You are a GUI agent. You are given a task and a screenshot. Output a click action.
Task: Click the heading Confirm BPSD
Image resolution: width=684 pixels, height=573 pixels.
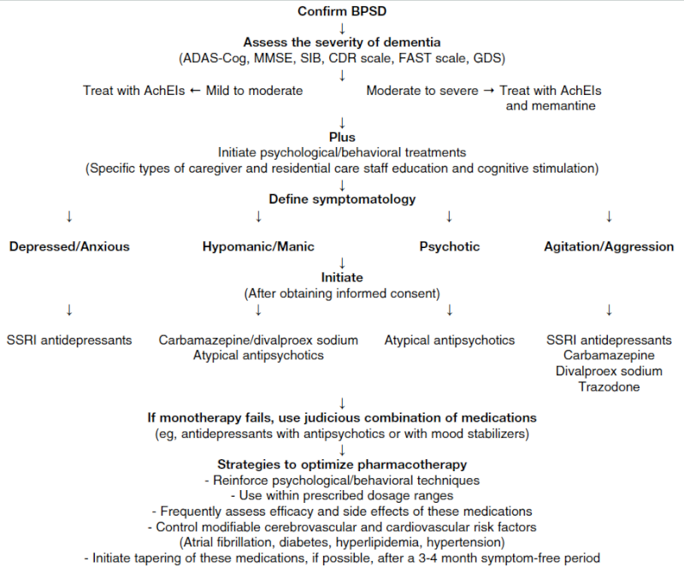(x=342, y=11)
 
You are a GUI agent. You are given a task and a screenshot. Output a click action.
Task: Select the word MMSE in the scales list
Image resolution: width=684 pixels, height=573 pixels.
(x=272, y=58)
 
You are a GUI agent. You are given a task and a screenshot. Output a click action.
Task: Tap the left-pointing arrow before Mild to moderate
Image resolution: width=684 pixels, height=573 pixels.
(x=196, y=91)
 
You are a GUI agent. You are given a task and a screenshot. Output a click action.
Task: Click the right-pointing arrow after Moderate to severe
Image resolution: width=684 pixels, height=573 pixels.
(x=489, y=91)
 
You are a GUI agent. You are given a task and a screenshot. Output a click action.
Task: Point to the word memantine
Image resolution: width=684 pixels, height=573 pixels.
(x=551, y=105)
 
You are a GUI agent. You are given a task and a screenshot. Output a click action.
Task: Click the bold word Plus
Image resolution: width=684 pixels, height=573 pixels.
(x=342, y=137)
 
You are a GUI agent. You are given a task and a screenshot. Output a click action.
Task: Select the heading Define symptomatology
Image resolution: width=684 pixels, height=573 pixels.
(x=342, y=199)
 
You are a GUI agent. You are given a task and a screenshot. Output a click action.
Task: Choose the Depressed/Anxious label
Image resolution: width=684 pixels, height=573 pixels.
(x=69, y=246)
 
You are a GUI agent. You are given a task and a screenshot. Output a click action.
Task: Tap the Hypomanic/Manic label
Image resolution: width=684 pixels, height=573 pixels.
(x=258, y=246)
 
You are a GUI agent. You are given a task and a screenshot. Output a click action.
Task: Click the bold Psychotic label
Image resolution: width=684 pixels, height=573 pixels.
(x=450, y=246)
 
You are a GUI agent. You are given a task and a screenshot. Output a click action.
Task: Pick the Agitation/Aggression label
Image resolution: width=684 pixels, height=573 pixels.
(x=609, y=246)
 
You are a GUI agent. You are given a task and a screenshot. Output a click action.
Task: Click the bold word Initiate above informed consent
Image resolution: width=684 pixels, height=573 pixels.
(x=342, y=278)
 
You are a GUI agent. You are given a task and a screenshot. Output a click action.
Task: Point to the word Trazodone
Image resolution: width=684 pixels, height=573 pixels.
(x=609, y=387)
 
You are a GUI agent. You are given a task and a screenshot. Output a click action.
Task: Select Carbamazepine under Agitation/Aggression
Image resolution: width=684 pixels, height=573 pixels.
(x=609, y=355)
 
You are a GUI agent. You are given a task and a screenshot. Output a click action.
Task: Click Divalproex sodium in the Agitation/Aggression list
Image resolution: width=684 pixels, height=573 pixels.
(x=609, y=371)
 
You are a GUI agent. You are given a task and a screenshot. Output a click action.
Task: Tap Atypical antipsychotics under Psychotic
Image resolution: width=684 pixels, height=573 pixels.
(x=450, y=340)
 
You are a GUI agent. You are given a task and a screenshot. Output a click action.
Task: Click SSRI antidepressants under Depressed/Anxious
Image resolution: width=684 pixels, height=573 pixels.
(x=69, y=340)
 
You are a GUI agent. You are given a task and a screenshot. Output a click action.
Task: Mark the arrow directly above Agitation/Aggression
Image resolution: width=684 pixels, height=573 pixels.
(x=609, y=216)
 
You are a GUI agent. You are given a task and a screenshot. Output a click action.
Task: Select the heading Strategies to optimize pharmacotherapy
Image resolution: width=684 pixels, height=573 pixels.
(x=342, y=464)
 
